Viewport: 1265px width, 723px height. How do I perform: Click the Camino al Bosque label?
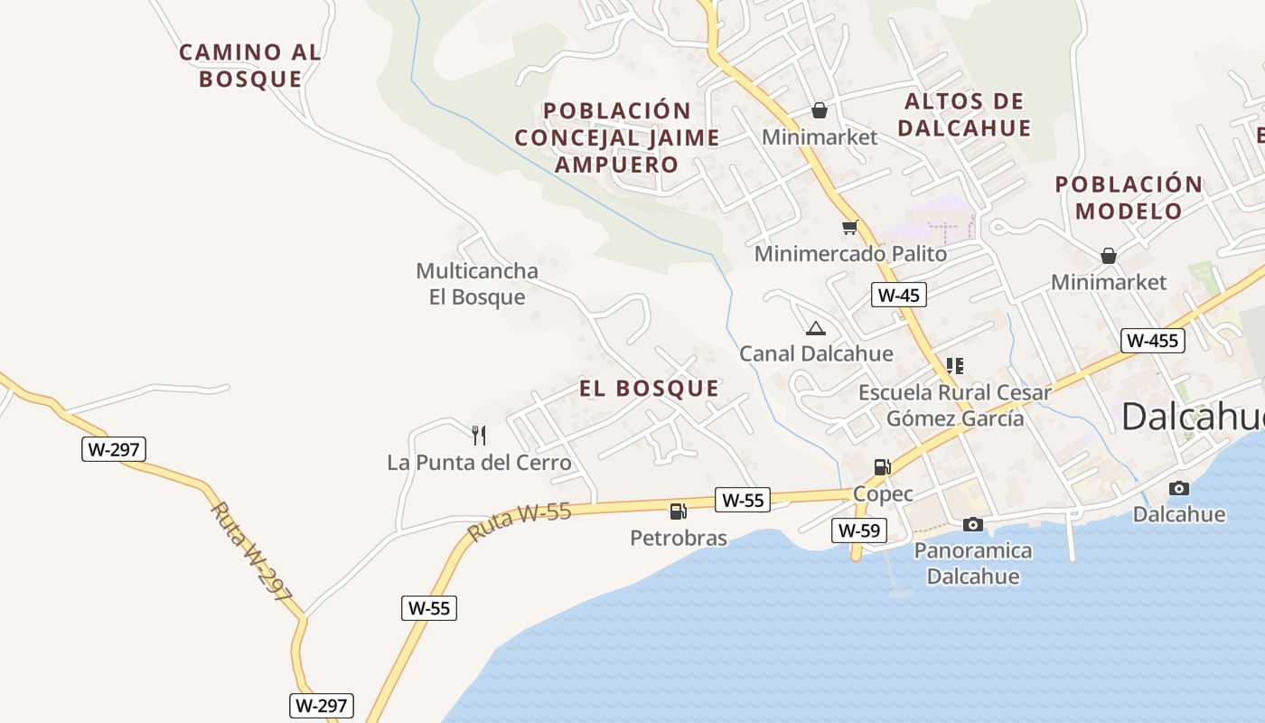pos(250,65)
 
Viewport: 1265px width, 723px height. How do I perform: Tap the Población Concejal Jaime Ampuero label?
pos(617,137)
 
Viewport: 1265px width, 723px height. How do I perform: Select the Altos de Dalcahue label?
pos(964,114)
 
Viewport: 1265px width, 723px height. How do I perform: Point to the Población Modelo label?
pos(1129,197)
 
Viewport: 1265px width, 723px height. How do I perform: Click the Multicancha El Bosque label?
pos(477,284)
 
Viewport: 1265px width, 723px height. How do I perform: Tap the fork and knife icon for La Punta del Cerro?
pos(479,436)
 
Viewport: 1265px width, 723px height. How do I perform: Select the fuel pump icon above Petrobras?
pos(678,512)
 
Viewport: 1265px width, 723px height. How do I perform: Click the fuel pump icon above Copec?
pos(882,467)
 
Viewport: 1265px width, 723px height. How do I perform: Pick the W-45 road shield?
pos(899,295)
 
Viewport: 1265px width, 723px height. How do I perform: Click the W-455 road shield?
pos(1152,341)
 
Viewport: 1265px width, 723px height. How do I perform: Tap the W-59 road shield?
pos(858,531)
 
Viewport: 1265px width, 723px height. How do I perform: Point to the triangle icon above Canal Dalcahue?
pos(816,328)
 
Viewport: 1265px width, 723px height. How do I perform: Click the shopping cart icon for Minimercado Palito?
pos(849,227)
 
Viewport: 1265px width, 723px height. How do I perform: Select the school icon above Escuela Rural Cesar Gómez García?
pos(955,366)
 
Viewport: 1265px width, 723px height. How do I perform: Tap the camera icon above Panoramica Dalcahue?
pos(973,524)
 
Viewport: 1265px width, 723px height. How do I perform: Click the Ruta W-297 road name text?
pos(252,552)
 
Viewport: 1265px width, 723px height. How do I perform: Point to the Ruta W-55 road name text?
pos(520,522)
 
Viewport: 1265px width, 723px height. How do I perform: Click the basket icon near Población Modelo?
pos(1109,256)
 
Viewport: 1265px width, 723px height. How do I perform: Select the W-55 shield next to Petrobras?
pos(744,500)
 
